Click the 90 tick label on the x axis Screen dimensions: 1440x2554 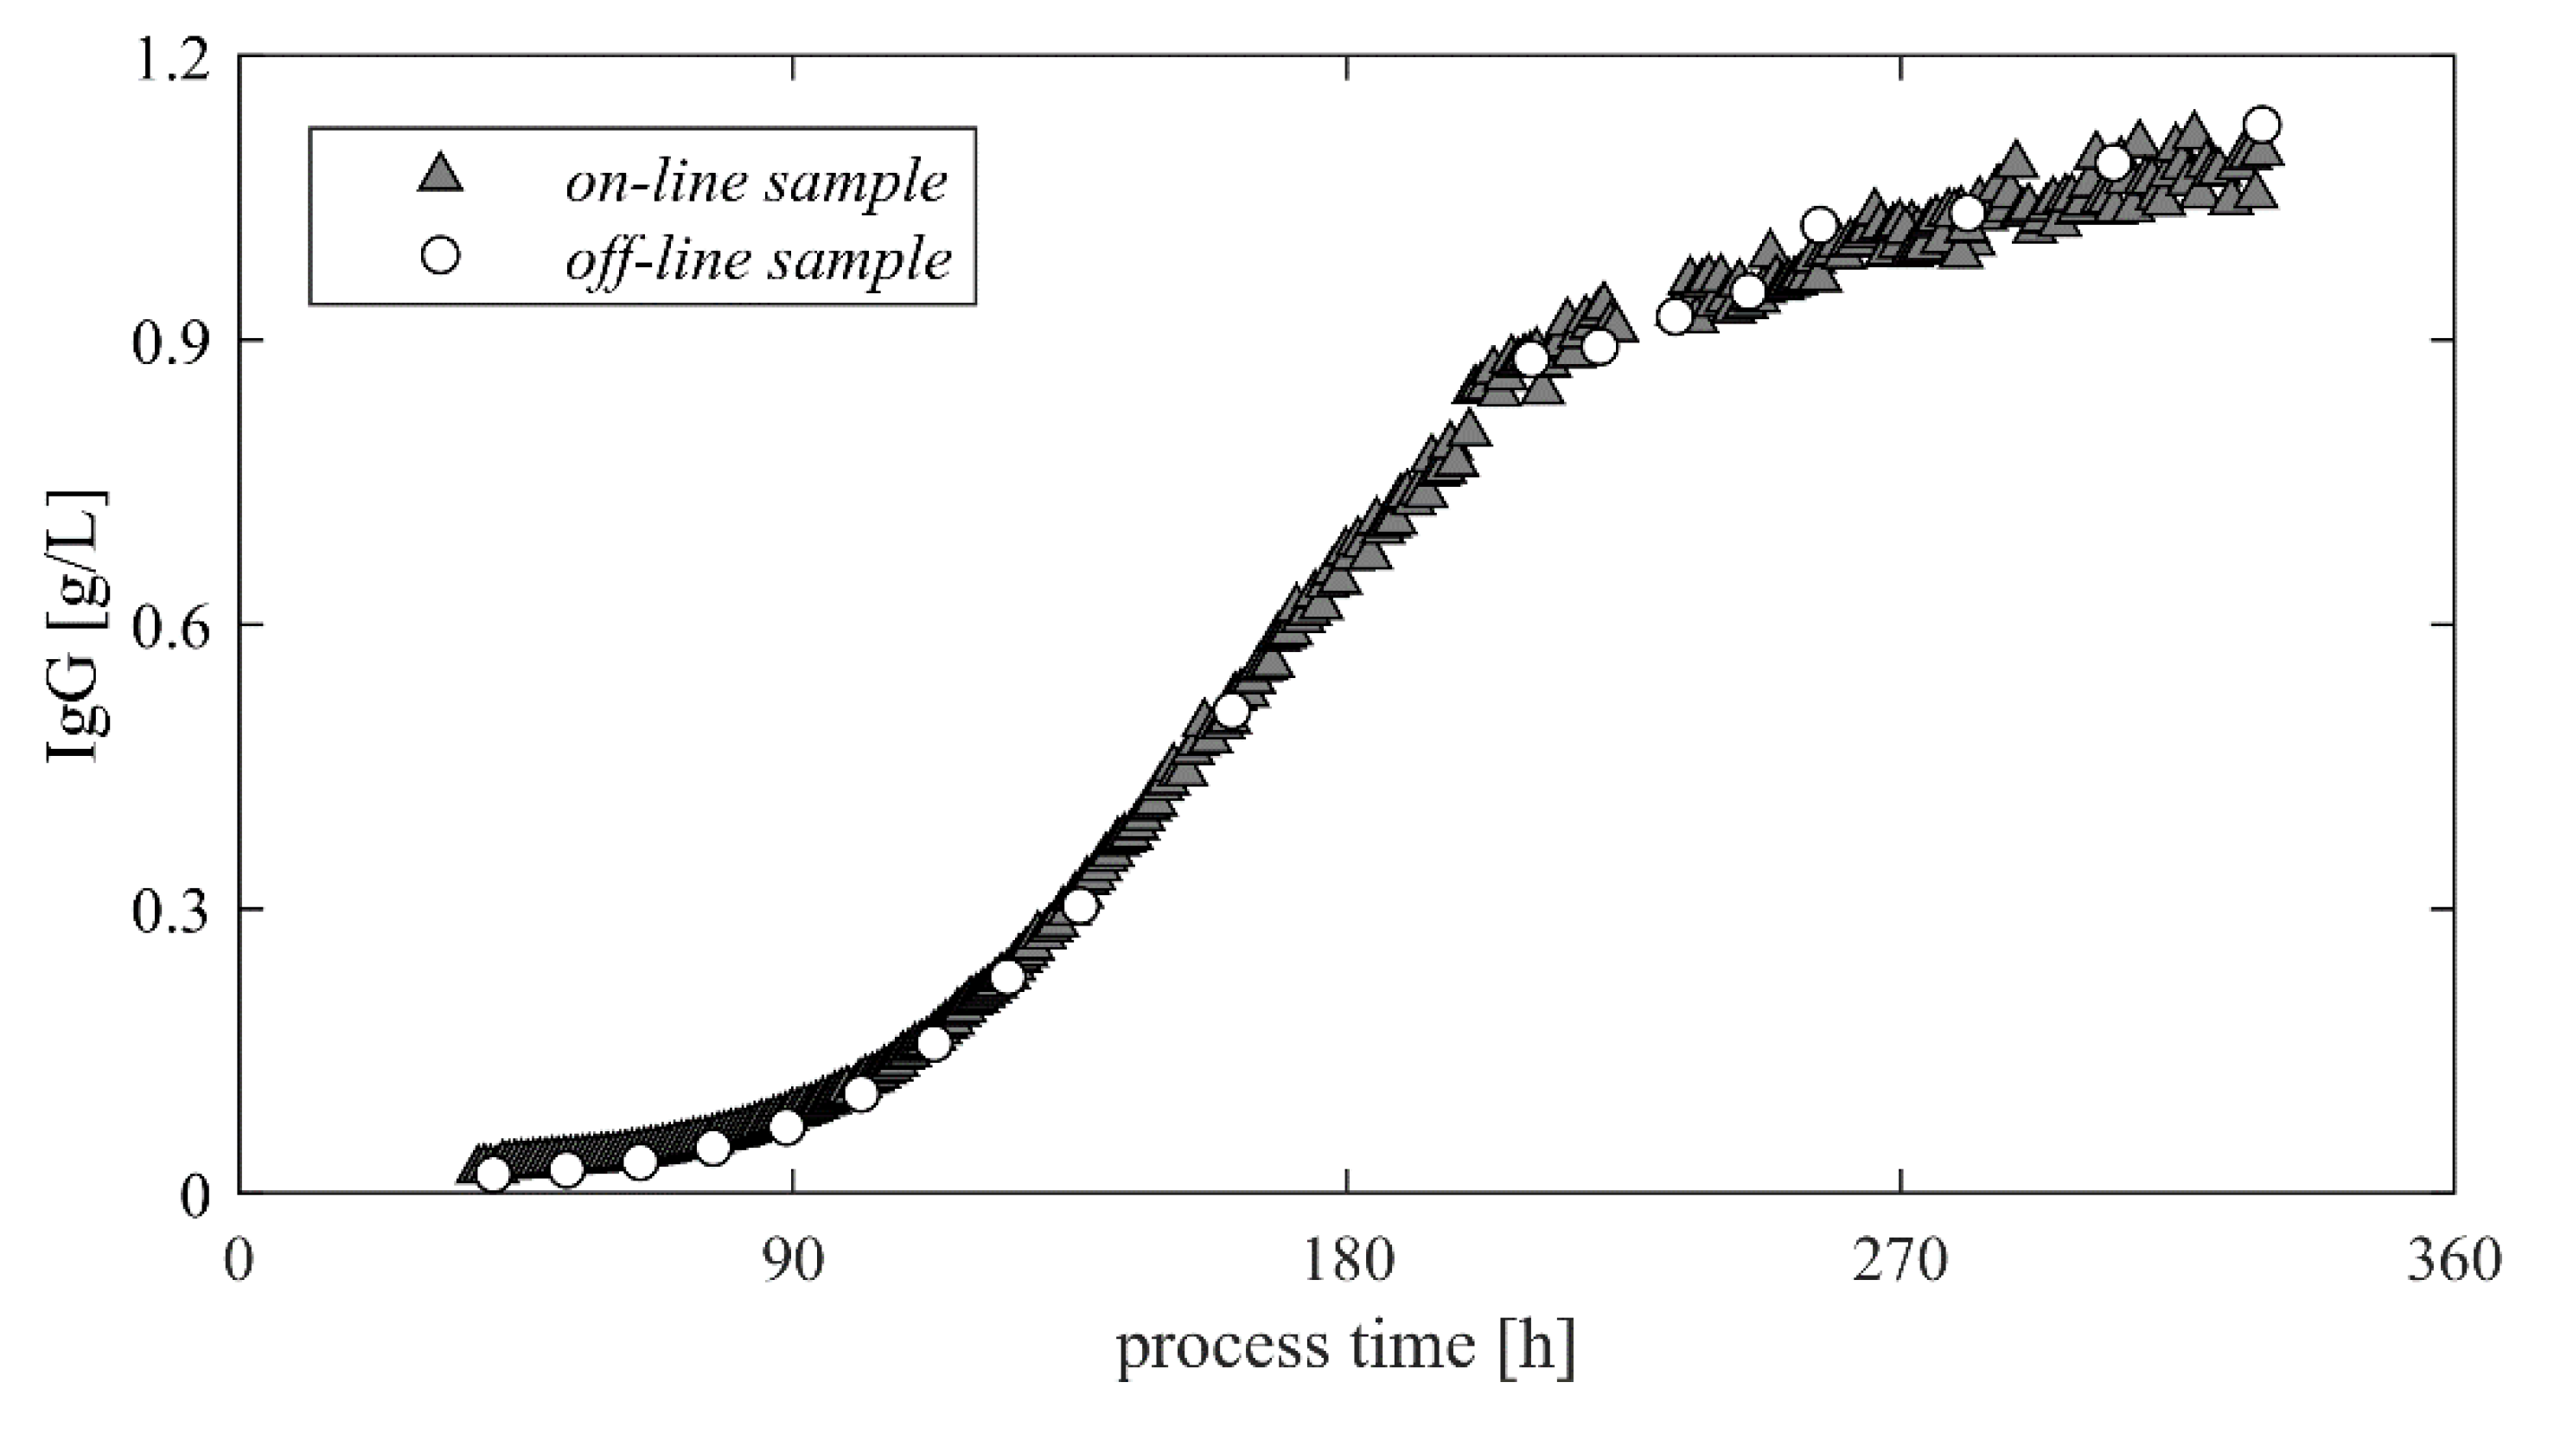[x=793, y=1264]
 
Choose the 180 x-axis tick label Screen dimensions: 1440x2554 [x=1346, y=1264]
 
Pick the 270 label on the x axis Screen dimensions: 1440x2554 [x=1900, y=1264]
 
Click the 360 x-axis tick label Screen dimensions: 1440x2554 [x=2453, y=1264]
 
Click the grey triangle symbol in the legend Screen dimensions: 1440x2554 [x=439, y=176]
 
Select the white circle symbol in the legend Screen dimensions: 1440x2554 [x=439, y=257]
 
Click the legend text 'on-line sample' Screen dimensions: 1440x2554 [x=757, y=182]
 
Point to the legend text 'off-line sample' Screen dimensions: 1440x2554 [x=758, y=259]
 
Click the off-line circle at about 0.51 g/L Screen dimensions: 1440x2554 [x=1231, y=710]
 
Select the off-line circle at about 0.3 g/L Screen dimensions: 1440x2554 [x=1080, y=906]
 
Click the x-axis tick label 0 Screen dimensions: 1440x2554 [x=239, y=1264]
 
